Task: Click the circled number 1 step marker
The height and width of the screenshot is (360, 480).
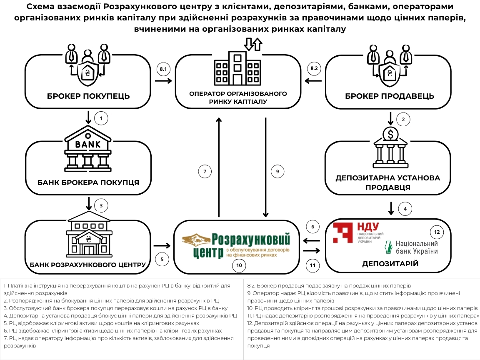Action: [x=101, y=119]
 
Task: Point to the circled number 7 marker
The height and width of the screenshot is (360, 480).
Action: [x=205, y=171]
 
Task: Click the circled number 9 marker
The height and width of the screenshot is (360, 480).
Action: [x=277, y=171]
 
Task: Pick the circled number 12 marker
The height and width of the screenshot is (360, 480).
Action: [x=437, y=232]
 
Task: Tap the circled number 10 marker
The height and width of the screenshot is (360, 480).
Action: [x=239, y=265]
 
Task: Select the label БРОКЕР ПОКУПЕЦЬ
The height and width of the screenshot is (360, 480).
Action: [x=89, y=97]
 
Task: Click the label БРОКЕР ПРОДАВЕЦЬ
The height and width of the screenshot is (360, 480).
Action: [x=390, y=97]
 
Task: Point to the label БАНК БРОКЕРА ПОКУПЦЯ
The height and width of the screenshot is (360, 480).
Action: [x=88, y=182]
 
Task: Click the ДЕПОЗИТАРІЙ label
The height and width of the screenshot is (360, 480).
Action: [x=390, y=264]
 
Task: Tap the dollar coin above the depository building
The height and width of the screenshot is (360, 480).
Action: [x=390, y=134]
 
